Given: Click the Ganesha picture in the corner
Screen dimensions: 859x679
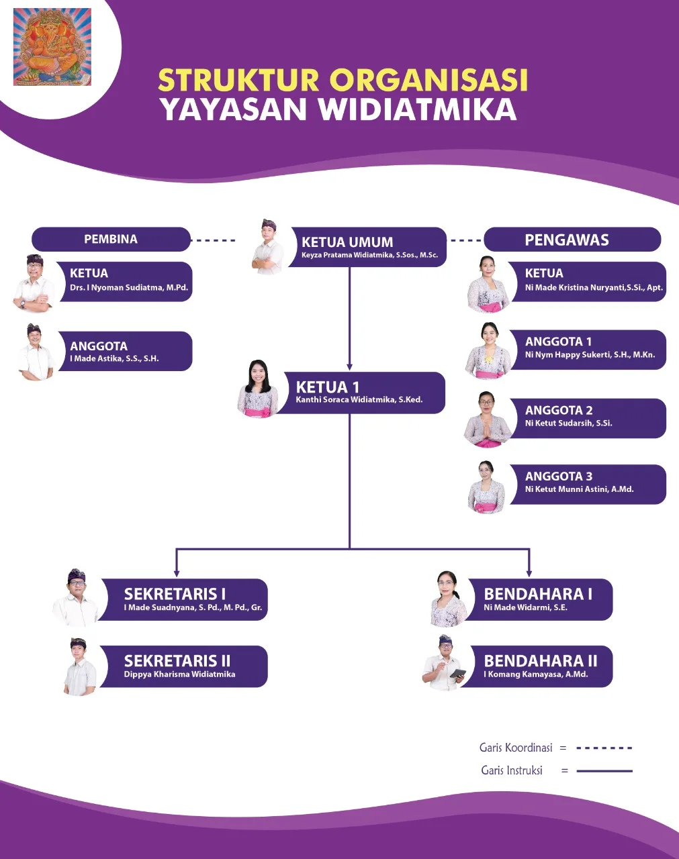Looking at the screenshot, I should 52,47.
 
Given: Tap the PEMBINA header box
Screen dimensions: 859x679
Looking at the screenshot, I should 111,240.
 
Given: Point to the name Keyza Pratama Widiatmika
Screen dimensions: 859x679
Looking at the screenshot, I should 369,256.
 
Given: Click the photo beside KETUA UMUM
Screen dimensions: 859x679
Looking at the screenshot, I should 268,246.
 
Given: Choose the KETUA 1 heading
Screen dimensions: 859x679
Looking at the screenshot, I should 328,387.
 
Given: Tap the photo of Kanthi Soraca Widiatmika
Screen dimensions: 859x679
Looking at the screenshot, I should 258,389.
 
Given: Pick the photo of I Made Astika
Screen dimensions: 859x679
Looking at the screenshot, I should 36,352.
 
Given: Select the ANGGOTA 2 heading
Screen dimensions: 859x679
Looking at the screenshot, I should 559,410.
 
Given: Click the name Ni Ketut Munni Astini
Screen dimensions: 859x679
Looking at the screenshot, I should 579,489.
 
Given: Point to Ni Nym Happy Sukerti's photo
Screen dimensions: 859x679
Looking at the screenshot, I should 488,350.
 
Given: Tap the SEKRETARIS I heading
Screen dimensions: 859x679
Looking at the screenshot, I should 175,594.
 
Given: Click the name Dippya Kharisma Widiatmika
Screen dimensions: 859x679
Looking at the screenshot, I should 179,674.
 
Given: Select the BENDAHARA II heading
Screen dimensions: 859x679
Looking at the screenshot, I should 540,661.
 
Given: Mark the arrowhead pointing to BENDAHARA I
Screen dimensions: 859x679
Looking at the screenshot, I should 529,572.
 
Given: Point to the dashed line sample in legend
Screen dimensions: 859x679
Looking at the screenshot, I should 604,748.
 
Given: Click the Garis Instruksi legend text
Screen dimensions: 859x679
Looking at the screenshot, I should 512,770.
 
